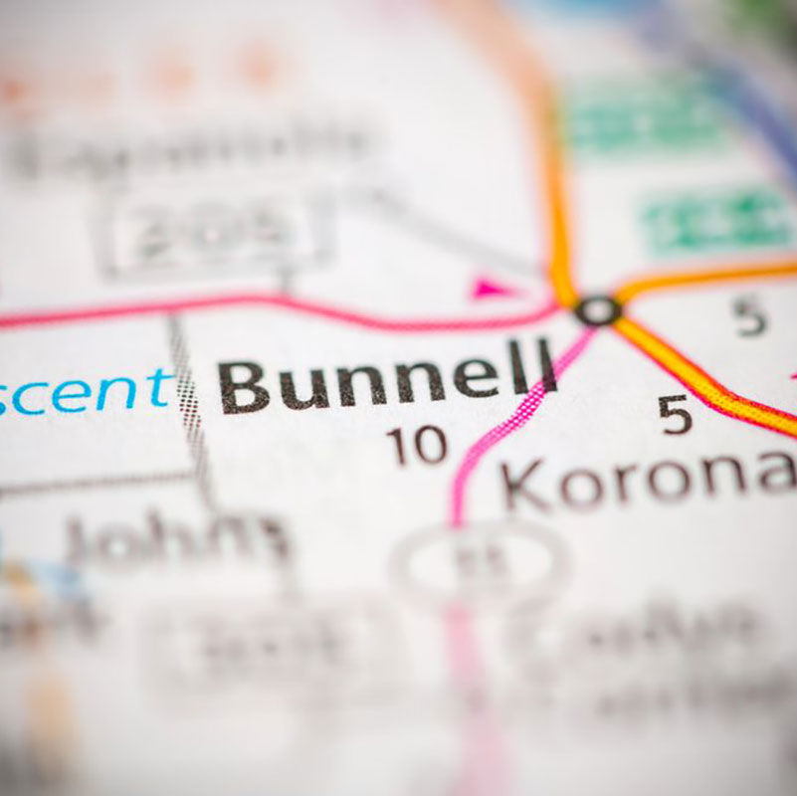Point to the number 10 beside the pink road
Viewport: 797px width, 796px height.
point(417,445)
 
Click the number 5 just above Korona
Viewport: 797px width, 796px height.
point(675,414)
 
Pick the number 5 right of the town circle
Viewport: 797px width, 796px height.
point(749,316)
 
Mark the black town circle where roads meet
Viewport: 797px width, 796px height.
point(598,310)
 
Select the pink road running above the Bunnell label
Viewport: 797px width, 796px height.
point(299,303)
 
